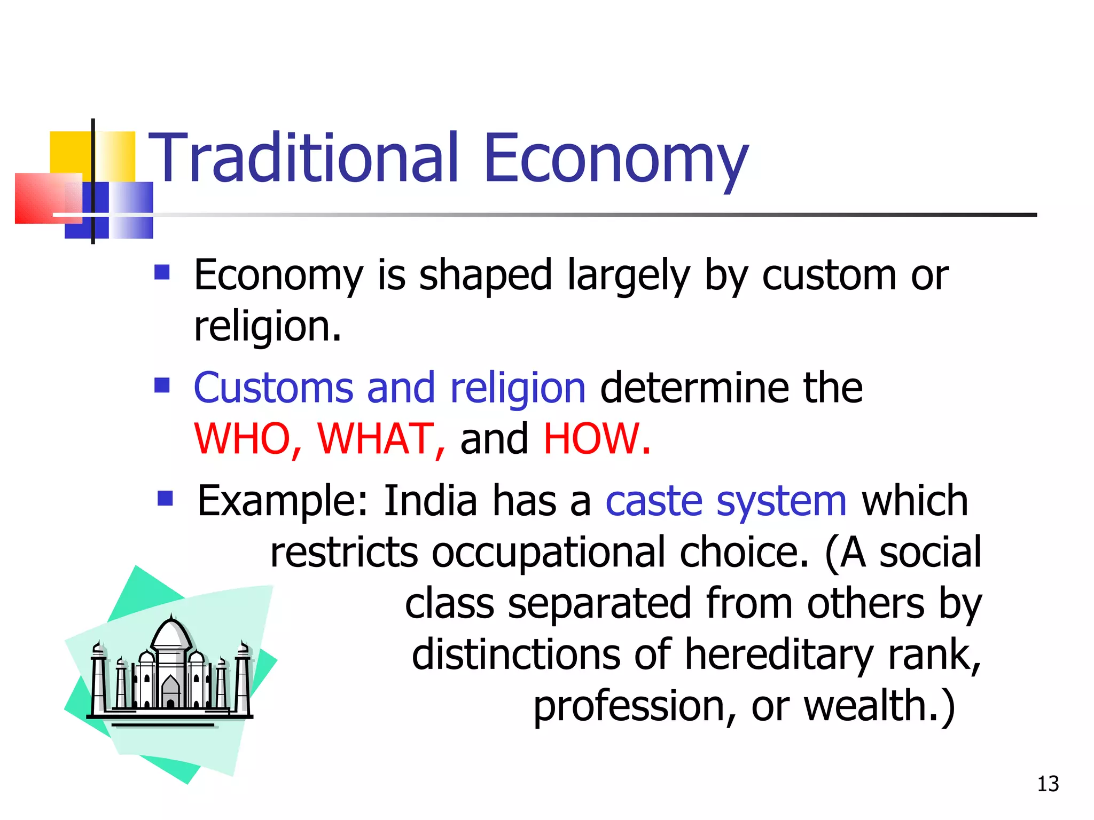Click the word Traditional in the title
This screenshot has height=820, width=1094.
click(303, 158)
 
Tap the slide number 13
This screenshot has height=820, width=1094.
click(1048, 784)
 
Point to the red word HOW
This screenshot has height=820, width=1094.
click(596, 439)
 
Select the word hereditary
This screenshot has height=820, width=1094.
click(778, 655)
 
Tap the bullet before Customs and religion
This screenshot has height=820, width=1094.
click(162, 385)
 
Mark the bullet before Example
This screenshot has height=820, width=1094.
click(166, 499)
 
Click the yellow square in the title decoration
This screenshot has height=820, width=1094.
click(69, 152)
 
